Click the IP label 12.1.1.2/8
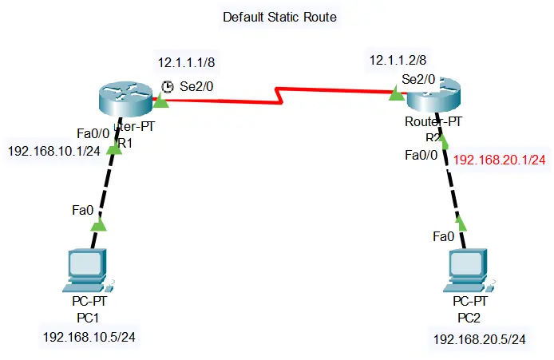click(398, 59)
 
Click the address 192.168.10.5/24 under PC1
click(89, 336)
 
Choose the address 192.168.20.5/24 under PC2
click(479, 339)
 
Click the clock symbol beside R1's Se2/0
click(168, 86)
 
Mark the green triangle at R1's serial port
click(161, 101)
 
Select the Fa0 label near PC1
click(82, 211)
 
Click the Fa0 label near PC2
click(443, 236)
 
